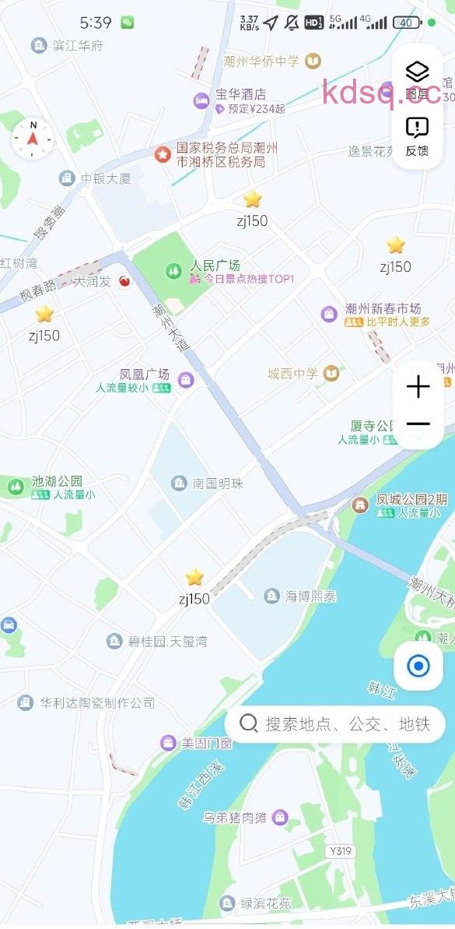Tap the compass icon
(33, 139)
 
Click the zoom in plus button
(418, 387)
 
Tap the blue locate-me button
(418, 666)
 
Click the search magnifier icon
(249, 723)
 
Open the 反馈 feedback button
(418, 136)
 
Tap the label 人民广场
(215, 265)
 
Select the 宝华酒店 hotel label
(240, 94)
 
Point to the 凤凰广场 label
(145, 375)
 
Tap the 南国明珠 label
(218, 484)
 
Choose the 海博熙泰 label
(310, 596)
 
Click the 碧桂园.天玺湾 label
(166, 642)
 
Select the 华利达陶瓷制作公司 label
(97, 702)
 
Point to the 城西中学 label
(292, 374)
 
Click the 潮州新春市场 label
(383, 309)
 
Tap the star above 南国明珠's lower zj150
(194, 577)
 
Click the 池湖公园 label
(57, 481)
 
